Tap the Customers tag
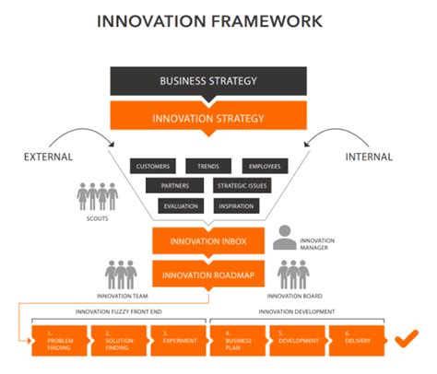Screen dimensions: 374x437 153,167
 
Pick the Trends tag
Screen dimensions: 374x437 208,167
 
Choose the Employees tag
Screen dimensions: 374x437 264,167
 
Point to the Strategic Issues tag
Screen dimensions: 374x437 242,186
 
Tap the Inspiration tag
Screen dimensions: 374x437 237,205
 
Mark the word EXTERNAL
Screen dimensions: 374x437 48,158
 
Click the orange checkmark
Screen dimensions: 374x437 405,341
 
